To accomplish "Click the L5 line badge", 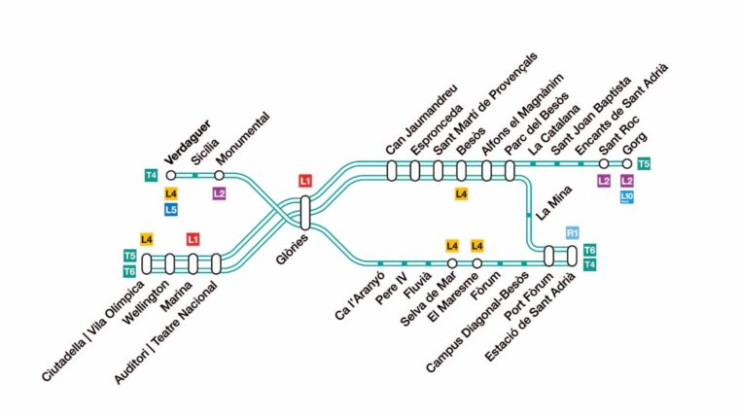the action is (170, 210).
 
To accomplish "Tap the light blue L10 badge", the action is (627, 197).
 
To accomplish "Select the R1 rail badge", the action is (572, 232).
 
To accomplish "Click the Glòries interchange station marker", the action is (305, 213).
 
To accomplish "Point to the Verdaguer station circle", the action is (170, 175).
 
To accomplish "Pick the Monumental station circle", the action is (219, 175).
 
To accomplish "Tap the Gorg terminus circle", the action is (627, 164).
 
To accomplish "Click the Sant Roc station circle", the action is (604, 164).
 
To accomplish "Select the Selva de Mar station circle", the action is (452, 262).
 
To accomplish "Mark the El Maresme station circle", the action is (477, 262).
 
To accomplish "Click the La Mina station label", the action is (554, 202).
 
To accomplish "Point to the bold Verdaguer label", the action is (187, 142).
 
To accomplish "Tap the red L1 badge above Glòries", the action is (305, 181).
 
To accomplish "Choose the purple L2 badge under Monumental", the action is (219, 193).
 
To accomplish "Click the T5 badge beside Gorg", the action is (644, 164).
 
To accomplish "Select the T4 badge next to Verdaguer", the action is (151, 176).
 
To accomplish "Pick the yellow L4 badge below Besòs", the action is (461, 193).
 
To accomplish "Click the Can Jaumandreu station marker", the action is (392, 170).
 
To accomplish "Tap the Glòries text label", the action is (293, 249).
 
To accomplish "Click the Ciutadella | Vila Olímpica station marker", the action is (147, 263).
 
